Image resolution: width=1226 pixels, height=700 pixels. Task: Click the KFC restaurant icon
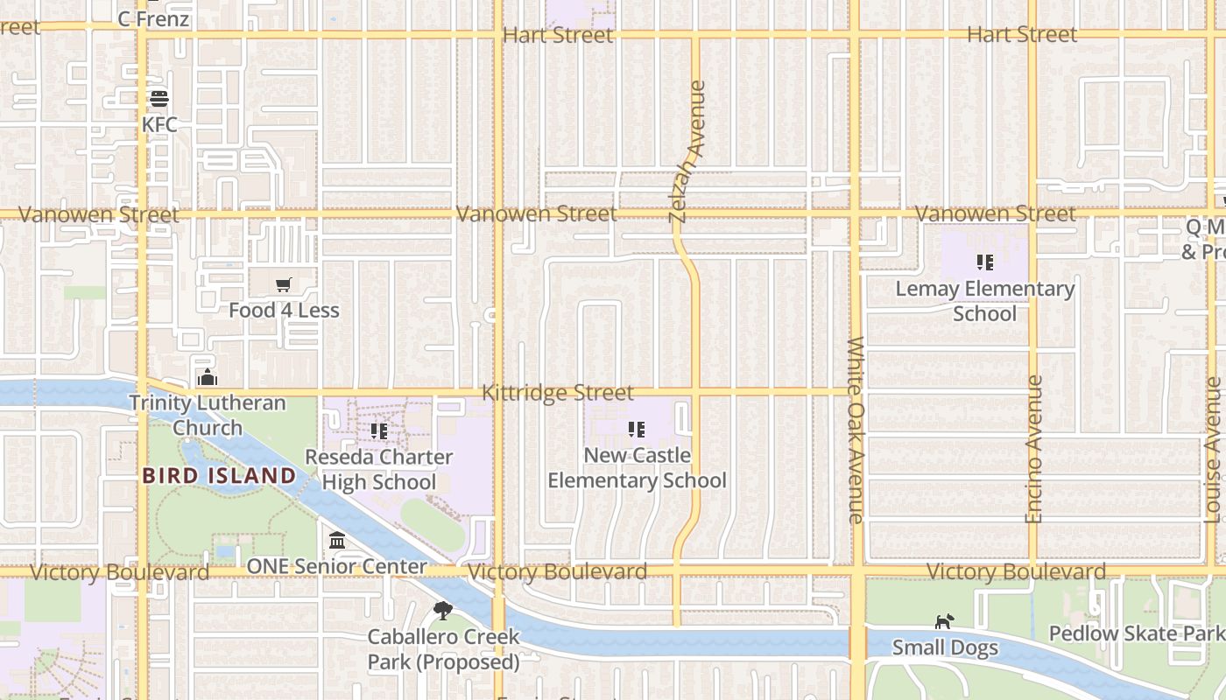coord(159,99)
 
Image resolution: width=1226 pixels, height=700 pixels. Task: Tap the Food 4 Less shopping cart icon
coord(283,285)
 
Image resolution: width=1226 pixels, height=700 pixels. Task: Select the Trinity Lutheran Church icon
coord(208,377)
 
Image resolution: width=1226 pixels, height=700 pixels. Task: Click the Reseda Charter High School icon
coord(379,431)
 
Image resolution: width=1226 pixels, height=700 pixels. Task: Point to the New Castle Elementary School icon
coord(637,430)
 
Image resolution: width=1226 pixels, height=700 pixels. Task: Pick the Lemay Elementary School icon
coord(985,262)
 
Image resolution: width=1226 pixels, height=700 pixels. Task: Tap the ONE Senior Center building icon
coord(337,541)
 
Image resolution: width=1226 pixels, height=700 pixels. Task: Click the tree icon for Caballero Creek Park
coord(443,611)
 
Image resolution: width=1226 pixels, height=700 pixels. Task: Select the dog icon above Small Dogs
coord(944,622)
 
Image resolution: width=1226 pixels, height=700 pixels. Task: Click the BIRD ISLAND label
coord(219,476)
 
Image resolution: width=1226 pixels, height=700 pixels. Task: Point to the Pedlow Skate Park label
coord(1136,633)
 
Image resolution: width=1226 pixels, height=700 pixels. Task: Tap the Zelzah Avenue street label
coord(687,151)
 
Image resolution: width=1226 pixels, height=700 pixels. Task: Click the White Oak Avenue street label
coord(856,430)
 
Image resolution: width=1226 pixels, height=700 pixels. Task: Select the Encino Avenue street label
coord(1034,449)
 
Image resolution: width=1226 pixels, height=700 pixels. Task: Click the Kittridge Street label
coord(558,394)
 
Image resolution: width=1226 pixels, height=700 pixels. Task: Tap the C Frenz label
coord(153,18)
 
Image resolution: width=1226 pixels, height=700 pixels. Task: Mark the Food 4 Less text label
coord(284,311)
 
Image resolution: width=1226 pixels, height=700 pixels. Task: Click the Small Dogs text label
coord(945,648)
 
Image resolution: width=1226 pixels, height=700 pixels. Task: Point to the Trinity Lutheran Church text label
coord(208,416)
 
